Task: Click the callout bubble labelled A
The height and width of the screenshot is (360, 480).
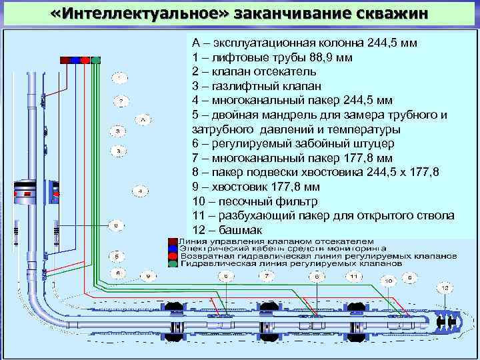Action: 143,120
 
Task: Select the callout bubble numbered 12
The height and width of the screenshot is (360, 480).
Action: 444,287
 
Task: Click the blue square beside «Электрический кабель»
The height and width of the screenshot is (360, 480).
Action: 172,248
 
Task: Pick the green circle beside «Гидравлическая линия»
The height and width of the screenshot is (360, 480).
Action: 172,263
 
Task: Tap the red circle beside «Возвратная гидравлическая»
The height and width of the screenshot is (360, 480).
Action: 172,255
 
